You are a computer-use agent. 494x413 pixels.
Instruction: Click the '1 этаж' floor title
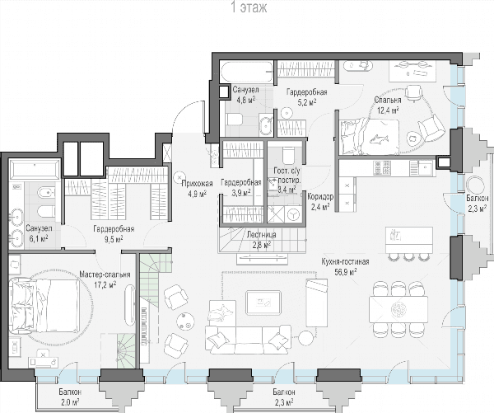pos(249,7)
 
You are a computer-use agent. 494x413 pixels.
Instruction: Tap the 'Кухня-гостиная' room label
pos(345,262)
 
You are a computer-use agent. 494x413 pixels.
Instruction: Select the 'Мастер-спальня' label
pos(105,275)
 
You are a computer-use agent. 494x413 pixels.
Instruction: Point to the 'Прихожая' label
pos(198,183)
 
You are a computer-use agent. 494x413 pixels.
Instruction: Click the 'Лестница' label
pos(262,234)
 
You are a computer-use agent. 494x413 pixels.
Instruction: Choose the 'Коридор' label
pos(320,197)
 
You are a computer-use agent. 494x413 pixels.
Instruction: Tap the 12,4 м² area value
pos(388,110)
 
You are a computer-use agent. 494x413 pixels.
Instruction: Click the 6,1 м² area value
pos(39,238)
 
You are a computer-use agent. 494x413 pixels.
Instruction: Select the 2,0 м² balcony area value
pos(69,402)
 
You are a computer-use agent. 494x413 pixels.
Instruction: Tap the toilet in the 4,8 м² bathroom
pos(235,120)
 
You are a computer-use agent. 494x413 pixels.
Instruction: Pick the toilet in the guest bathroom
pos(288,154)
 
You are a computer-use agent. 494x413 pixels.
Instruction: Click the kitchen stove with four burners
pos(382,168)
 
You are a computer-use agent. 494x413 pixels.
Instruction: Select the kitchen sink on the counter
pos(424,168)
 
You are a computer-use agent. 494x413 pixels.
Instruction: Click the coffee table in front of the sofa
pos(263,303)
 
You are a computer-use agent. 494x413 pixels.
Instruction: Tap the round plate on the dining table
pos(398,309)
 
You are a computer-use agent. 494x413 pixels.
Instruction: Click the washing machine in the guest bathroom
pos(294,214)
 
